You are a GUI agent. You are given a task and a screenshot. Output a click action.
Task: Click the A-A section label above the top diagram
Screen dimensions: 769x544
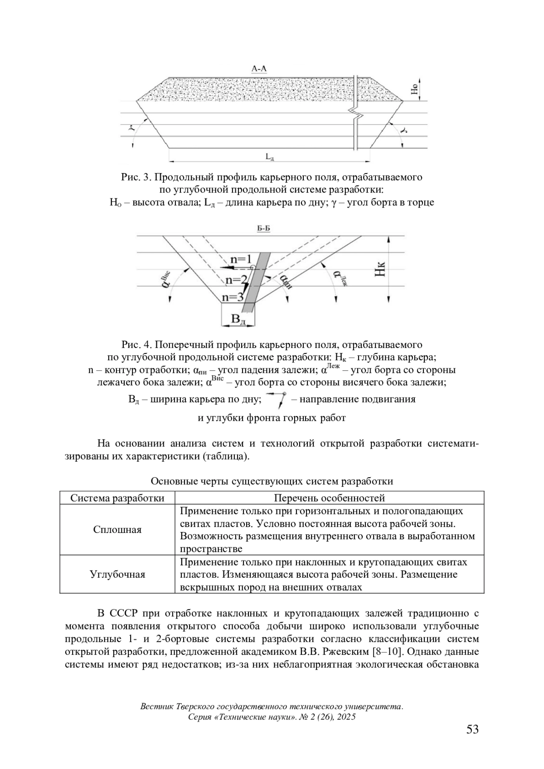(x=259, y=69)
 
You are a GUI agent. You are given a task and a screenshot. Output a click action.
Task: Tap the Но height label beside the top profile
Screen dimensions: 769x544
(x=414, y=89)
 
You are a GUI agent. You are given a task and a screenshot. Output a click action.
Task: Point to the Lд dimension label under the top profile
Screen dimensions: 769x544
(x=270, y=157)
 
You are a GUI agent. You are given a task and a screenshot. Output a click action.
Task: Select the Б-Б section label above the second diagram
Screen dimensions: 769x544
(x=264, y=229)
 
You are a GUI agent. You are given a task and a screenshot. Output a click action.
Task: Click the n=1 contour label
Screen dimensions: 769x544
(x=241, y=259)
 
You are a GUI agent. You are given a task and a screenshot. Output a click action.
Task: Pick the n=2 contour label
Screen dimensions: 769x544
(x=237, y=279)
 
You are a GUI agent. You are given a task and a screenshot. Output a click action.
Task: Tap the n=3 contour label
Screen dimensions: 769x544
(x=233, y=297)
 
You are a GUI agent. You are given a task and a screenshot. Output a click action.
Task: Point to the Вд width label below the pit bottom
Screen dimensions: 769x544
(x=238, y=319)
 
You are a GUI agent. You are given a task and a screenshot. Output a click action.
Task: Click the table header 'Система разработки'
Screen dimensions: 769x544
(x=117, y=498)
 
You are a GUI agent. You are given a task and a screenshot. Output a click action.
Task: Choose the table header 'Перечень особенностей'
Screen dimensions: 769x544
(x=329, y=498)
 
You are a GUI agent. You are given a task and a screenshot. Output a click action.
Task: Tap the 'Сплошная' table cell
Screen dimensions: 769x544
(x=117, y=530)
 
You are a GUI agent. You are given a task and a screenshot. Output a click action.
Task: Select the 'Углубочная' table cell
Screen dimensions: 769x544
(x=117, y=575)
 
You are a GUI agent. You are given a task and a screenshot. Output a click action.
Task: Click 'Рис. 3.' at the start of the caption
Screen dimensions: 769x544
(x=137, y=177)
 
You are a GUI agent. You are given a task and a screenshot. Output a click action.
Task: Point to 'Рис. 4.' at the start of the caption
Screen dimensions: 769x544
(x=137, y=345)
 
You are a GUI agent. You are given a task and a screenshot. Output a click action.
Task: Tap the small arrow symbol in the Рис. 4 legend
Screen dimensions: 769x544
(x=277, y=399)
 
